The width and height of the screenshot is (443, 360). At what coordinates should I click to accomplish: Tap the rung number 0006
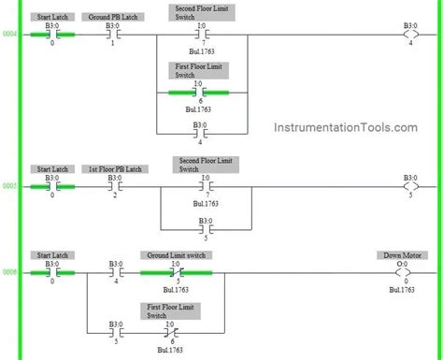pyautogui.click(x=9, y=272)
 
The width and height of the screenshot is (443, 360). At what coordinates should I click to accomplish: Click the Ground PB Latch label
pyautogui.click(x=113, y=17)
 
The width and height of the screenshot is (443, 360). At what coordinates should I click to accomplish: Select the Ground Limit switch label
pyautogui.click(x=176, y=255)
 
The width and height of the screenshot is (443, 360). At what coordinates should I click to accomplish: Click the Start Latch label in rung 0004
pyautogui.click(x=52, y=17)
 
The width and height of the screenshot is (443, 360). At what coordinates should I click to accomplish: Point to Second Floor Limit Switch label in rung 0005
pyautogui.click(x=201, y=165)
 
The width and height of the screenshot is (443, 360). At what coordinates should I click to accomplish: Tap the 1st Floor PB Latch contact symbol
pyautogui.click(x=113, y=186)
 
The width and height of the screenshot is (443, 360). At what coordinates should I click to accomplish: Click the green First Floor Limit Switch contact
pyautogui.click(x=199, y=93)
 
